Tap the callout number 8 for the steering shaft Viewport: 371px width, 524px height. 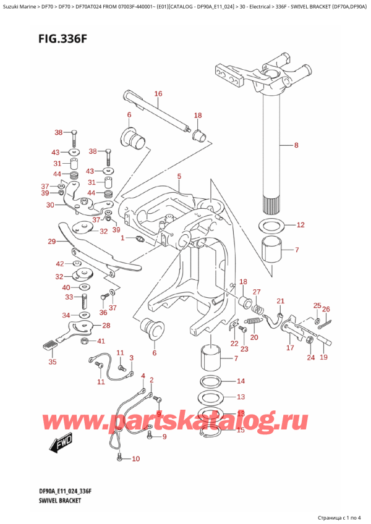[x=296, y=146]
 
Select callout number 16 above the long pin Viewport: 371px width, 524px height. [x=158, y=94]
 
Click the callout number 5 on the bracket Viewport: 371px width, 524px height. [x=179, y=177]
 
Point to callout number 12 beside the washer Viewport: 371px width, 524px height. [x=301, y=225]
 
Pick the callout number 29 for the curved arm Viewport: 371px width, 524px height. [x=51, y=242]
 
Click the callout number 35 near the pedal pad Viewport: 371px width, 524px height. [x=52, y=362]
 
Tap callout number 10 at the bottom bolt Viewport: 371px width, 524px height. [x=136, y=458]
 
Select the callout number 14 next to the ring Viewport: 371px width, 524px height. [x=241, y=381]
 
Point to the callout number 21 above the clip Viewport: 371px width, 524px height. [x=279, y=301]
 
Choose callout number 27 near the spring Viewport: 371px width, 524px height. [x=257, y=292]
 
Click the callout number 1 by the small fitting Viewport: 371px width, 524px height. [x=122, y=238]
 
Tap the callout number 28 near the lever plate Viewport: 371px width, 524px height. [x=106, y=326]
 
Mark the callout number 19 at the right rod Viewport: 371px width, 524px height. [x=323, y=357]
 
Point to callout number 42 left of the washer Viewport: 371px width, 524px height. [x=59, y=263]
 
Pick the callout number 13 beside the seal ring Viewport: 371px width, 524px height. [x=241, y=397]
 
